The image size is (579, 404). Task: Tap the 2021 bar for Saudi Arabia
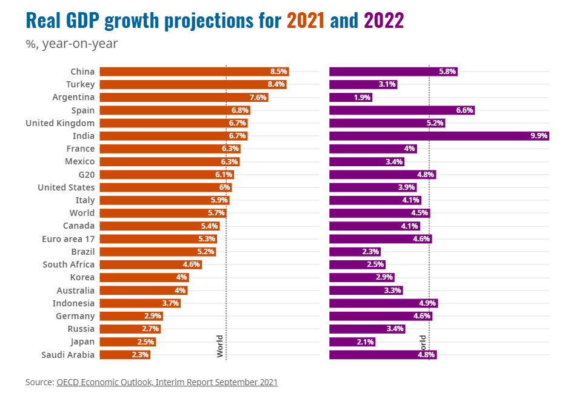click(124, 355)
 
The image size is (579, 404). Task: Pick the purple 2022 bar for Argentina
click(350, 97)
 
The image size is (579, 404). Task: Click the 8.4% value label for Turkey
click(276, 84)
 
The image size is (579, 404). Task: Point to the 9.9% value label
click(538, 136)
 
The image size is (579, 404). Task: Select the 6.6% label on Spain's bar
click(464, 110)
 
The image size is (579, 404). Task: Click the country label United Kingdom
click(60, 123)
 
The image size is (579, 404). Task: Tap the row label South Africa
click(69, 264)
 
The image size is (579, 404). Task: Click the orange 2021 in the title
click(306, 21)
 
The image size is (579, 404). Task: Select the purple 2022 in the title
click(384, 21)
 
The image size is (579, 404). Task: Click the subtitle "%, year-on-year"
click(72, 44)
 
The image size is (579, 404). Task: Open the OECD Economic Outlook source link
click(167, 382)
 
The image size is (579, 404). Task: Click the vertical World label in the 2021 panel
click(220, 346)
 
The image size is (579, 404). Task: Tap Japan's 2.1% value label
click(366, 342)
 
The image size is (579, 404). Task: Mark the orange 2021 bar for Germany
click(131, 316)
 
